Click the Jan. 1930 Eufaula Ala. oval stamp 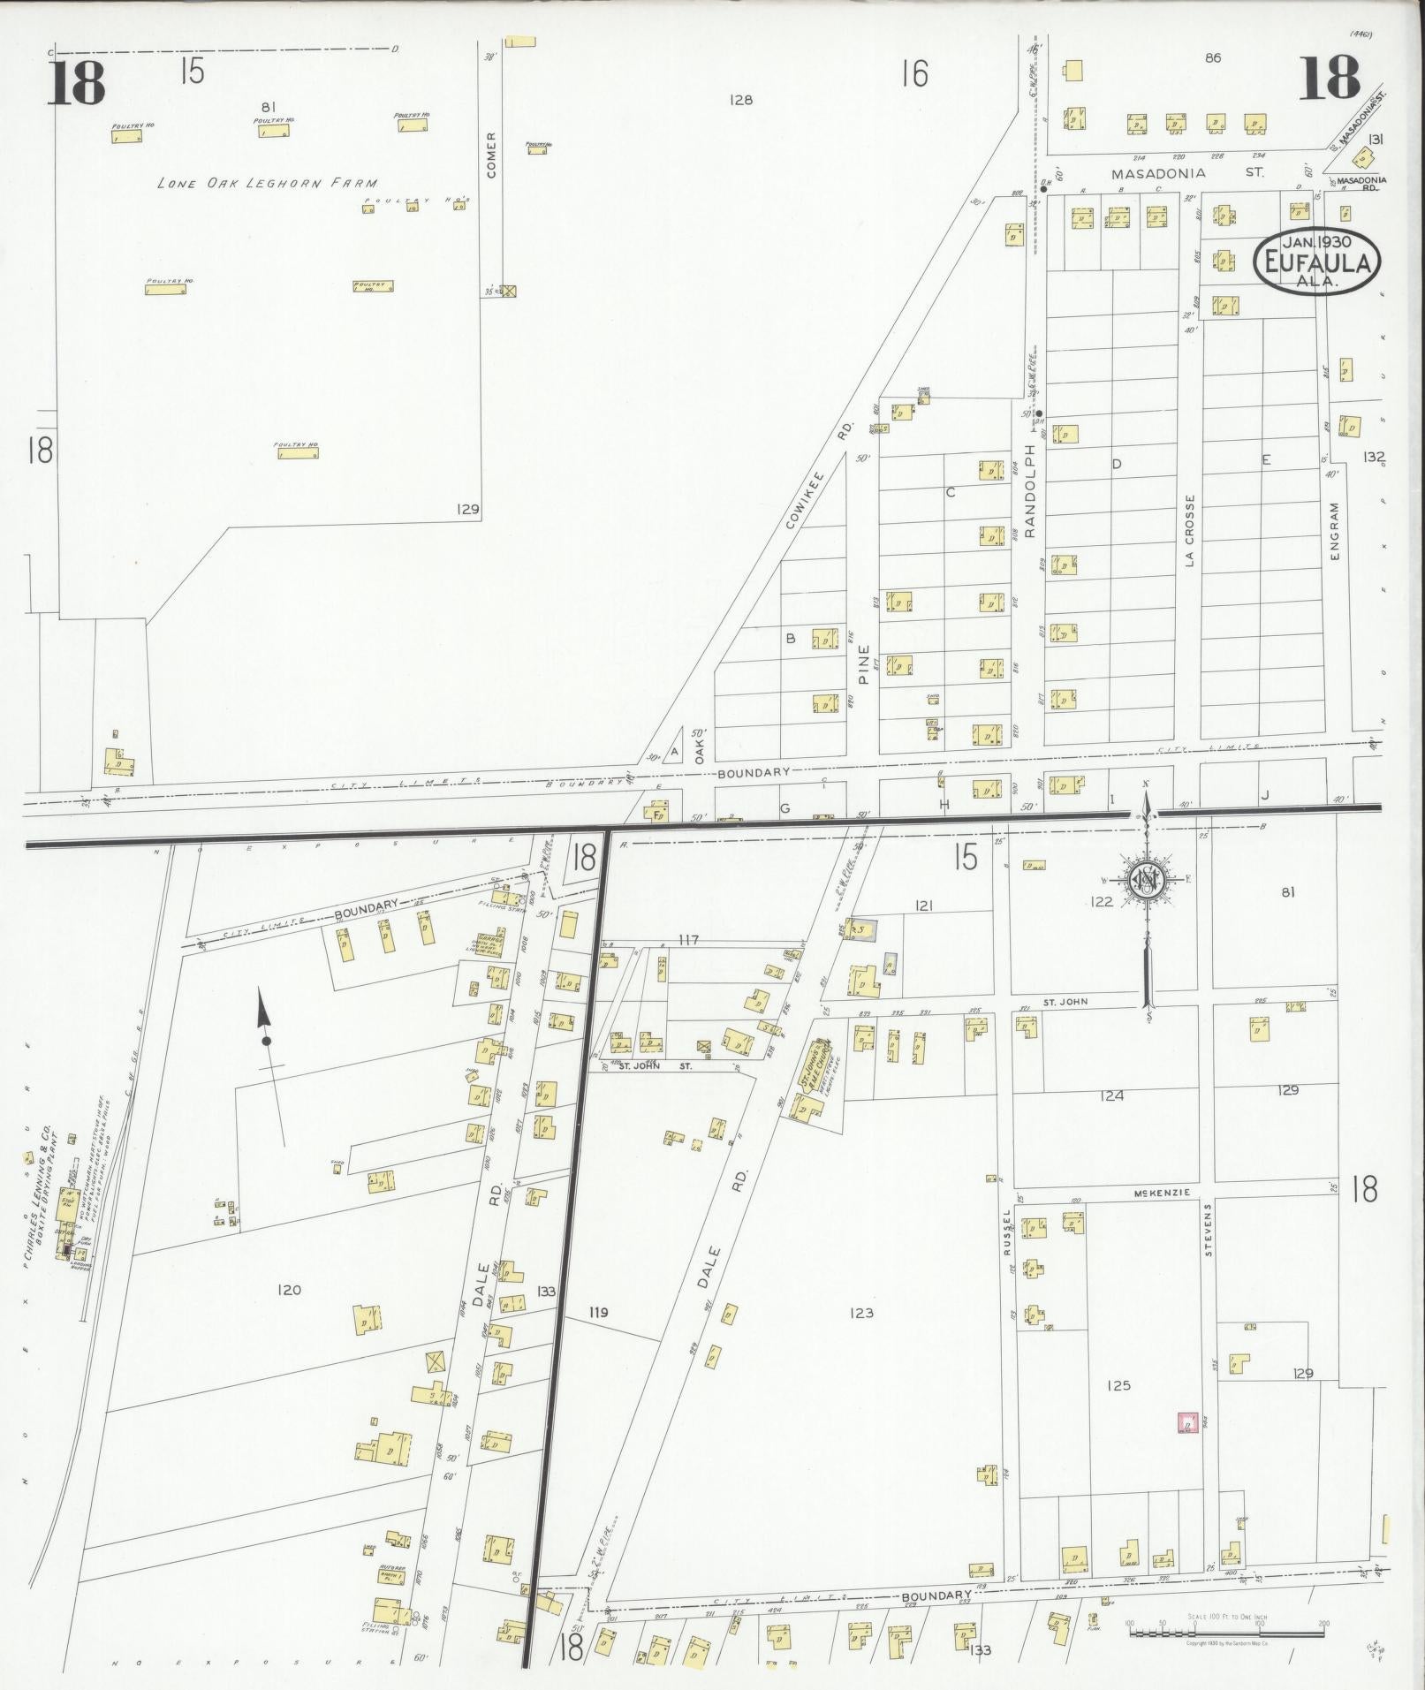click(x=1317, y=261)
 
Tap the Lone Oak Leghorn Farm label click(x=268, y=184)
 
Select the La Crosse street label click(x=1190, y=530)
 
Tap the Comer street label click(x=491, y=155)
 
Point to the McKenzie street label click(x=1171, y=1192)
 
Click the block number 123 click(x=860, y=1313)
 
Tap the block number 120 click(x=289, y=1290)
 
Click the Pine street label click(x=863, y=665)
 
